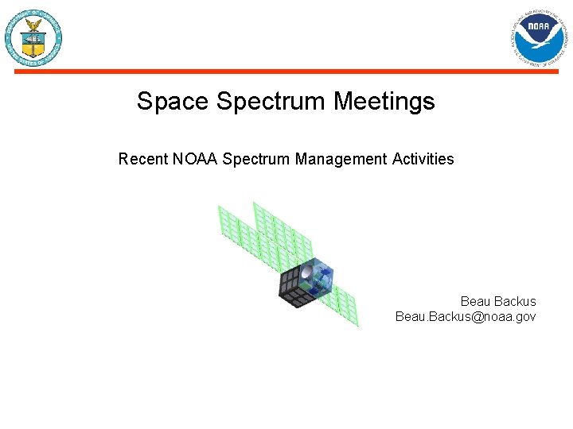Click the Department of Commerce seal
(33, 38)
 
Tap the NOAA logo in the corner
(540, 37)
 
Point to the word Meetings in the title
(384, 102)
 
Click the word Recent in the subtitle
(143, 159)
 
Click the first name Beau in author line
(475, 302)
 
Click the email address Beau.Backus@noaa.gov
(466, 317)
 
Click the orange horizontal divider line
(286, 71)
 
